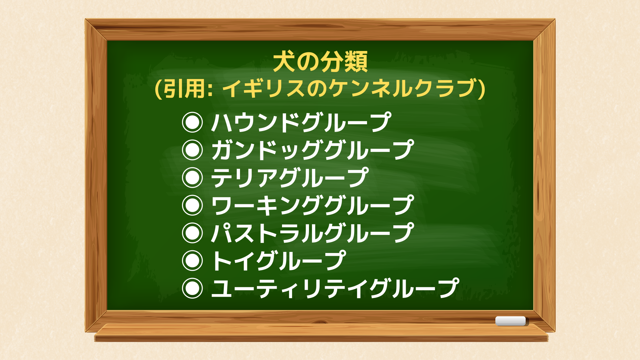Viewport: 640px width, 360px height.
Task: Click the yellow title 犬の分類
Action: click(320, 62)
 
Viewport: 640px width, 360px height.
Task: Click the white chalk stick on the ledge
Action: click(510, 321)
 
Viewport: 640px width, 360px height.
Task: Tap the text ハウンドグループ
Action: click(301, 122)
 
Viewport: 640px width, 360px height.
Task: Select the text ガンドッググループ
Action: click(313, 150)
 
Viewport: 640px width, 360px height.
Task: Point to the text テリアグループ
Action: click(290, 178)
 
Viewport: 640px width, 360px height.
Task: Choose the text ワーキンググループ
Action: click(313, 205)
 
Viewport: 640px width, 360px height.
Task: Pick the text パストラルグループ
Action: click(313, 233)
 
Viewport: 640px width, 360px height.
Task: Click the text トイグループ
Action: click(279, 261)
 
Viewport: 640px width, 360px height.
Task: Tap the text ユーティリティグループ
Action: click(335, 288)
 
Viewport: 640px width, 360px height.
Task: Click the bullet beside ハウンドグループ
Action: click(192, 122)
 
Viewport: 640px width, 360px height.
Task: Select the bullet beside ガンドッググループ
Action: click(192, 150)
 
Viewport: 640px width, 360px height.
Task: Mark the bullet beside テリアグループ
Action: click(192, 178)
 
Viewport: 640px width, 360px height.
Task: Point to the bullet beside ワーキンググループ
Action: click(192, 205)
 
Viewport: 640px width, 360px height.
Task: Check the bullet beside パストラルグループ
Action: click(192, 233)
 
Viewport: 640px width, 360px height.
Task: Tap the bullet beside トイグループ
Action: click(192, 261)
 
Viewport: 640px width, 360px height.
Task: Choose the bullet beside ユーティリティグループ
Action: click(192, 288)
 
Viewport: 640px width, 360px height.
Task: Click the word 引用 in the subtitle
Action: click(184, 89)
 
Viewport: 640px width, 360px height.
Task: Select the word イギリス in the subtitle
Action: click(263, 89)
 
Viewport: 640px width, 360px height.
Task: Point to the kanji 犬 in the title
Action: click(284, 62)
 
